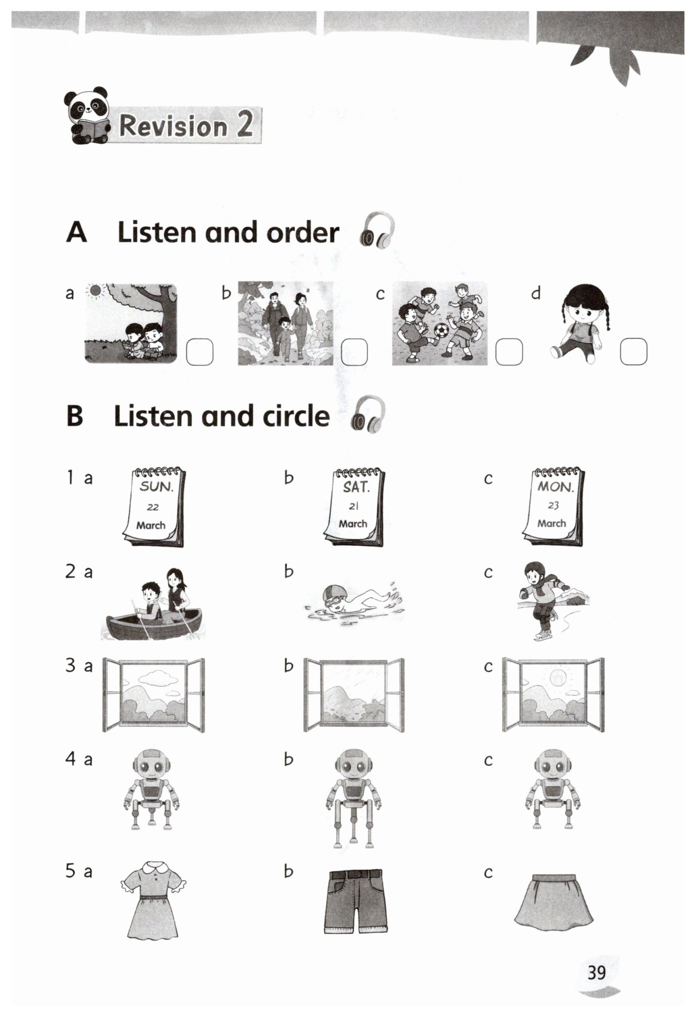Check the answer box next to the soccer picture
[x=509, y=352]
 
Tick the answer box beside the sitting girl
[x=634, y=352]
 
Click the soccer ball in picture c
[x=442, y=330]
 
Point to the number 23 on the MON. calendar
[x=553, y=506]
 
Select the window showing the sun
[x=553, y=694]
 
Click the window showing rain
[x=354, y=694]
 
